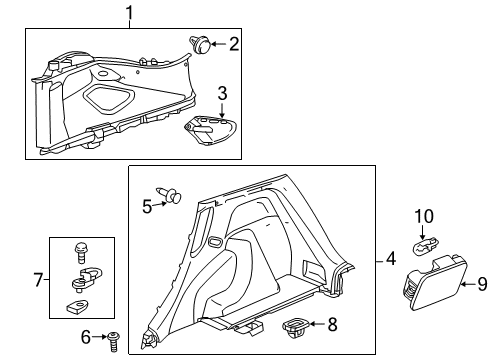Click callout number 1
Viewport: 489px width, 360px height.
pos(128,12)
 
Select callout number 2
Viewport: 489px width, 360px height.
pos(234,43)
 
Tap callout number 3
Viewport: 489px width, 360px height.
pos(222,93)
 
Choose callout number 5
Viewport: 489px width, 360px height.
pos(146,206)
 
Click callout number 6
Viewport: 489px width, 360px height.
pos(85,336)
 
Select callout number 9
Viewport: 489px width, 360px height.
pos(481,283)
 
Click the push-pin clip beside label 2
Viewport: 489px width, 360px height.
pos(203,43)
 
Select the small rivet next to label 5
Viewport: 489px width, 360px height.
pos(169,196)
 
